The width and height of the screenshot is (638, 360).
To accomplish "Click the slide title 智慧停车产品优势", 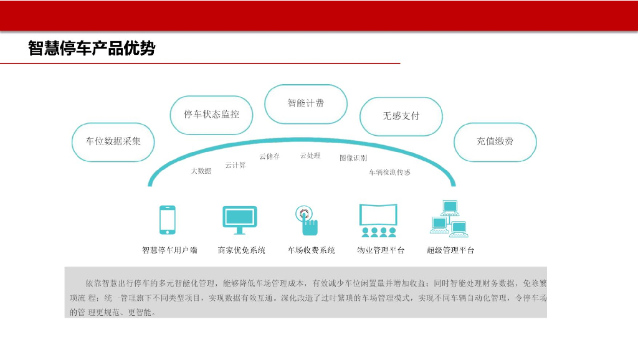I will pyautogui.click(x=92, y=49).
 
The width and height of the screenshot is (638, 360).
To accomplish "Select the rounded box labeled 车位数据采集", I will pyautogui.click(x=113, y=141).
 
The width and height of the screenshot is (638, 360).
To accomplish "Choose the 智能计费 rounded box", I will pyautogui.click(x=305, y=103).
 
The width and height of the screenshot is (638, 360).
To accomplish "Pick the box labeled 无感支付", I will pyautogui.click(x=401, y=116).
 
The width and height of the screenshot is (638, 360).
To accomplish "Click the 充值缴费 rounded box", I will pyautogui.click(x=495, y=141).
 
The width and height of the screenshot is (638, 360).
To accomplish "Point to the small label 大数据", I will pyautogui.click(x=201, y=171).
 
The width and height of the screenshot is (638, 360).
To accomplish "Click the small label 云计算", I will pyautogui.click(x=236, y=165).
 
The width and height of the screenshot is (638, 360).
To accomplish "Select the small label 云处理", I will pyautogui.click(x=310, y=156).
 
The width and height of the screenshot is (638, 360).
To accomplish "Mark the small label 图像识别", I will pyautogui.click(x=353, y=158).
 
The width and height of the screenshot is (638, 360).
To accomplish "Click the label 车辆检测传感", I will pyautogui.click(x=389, y=172).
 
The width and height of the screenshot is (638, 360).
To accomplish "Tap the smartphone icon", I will pyautogui.click(x=167, y=220).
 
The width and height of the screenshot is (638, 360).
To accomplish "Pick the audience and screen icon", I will pyautogui.click(x=378, y=220).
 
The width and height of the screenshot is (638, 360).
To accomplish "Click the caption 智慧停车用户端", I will pyautogui.click(x=169, y=250).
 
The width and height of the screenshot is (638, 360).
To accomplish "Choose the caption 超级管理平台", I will pyautogui.click(x=450, y=250).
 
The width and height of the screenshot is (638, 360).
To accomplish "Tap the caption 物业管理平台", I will pyautogui.click(x=381, y=250).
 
